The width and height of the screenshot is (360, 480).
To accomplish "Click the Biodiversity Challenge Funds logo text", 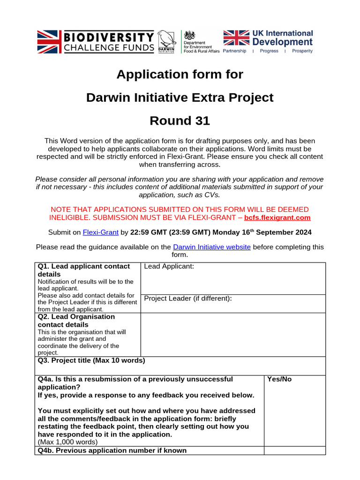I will click(108, 42).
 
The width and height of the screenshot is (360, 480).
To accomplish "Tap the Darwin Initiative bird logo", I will click(165, 41).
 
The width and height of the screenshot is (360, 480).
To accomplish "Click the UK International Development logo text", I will click(282, 37).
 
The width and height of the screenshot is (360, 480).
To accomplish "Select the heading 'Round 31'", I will click(180, 121).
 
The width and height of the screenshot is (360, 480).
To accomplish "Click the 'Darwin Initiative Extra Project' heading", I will click(180, 97).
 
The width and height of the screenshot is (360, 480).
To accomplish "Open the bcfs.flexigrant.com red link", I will click(277, 217).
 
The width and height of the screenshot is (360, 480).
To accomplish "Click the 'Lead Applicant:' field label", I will click(169, 267).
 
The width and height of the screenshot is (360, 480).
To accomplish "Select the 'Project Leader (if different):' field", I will click(188, 299).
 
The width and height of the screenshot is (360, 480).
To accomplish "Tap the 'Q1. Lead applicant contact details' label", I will click(84, 270).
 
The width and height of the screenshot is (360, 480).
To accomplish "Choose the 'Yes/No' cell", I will click(279, 379).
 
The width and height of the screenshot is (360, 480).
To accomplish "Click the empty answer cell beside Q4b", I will click(294, 450).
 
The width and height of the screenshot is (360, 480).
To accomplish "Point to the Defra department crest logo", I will click(190, 36).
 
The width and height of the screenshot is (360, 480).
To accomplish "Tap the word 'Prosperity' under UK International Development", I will click(302, 51).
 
